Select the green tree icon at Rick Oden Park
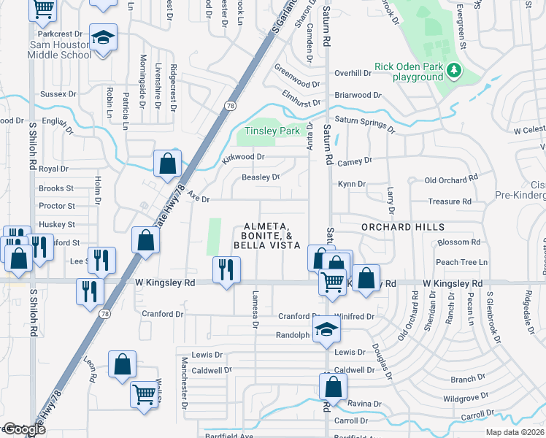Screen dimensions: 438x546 click(454, 70)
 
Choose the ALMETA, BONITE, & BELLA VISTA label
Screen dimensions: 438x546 click(266, 236)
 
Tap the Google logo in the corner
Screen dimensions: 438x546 click(23, 430)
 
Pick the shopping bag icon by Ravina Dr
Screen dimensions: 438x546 click(332, 387)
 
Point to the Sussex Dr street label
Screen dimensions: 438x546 click(58, 94)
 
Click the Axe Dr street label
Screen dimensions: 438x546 click(198, 199)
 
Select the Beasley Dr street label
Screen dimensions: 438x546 click(261, 177)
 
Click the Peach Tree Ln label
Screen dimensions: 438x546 click(461, 262)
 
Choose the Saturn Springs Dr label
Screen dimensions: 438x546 click(364, 124)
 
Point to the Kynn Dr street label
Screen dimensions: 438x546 click(350, 184)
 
